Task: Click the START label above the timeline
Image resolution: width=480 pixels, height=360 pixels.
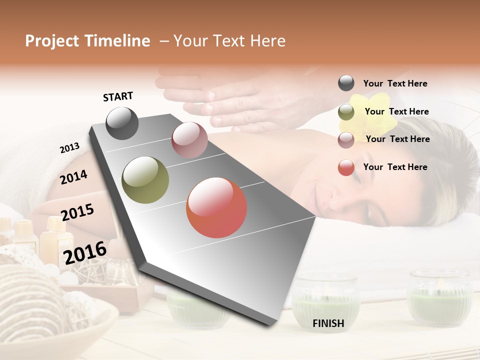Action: [118, 96]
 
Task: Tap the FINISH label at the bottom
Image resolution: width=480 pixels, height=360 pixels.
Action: [328, 323]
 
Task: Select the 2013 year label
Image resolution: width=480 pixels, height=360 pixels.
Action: [69, 148]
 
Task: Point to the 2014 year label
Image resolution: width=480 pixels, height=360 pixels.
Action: [73, 177]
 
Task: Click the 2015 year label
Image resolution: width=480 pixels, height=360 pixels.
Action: [77, 212]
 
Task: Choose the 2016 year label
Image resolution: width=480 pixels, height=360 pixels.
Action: [85, 253]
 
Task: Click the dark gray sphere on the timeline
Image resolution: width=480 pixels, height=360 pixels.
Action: [122, 123]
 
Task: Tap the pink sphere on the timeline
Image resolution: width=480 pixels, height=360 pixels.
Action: [189, 140]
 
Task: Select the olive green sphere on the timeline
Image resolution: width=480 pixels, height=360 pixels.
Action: [145, 180]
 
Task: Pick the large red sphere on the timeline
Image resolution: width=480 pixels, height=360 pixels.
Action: [216, 207]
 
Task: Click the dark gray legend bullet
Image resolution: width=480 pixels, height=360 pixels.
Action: [346, 83]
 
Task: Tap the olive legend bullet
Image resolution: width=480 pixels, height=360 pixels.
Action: [346, 112]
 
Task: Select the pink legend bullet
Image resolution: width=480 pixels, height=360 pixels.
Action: [346, 140]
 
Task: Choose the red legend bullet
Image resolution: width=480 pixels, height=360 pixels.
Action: [346, 167]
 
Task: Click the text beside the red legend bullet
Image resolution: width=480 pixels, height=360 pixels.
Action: [395, 167]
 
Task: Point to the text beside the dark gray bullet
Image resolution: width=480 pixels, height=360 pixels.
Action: [395, 83]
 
